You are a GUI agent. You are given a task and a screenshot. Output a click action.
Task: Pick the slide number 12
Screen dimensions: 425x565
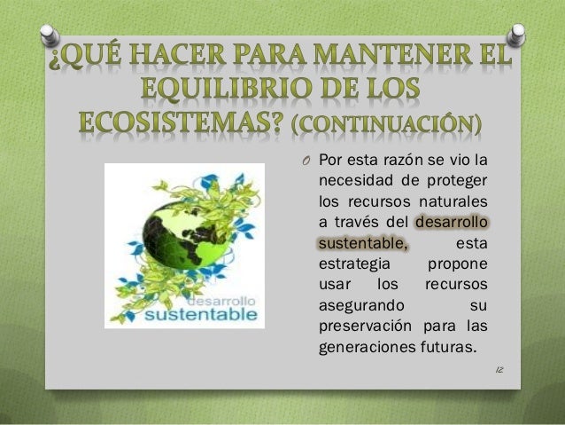tap(499, 366)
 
